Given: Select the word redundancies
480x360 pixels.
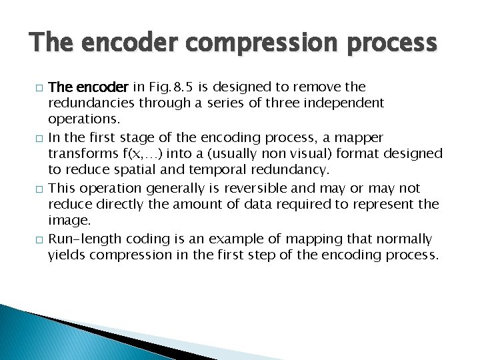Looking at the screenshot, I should pyautogui.click(x=93, y=103).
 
